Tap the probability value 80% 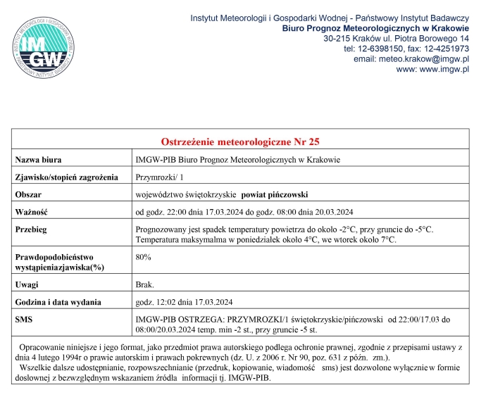[x=143, y=257]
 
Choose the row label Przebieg [x=35, y=229]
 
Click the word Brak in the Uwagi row [x=143, y=285]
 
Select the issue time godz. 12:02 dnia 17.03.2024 [x=184, y=303]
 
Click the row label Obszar [x=31, y=194]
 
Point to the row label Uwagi [x=28, y=285]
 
